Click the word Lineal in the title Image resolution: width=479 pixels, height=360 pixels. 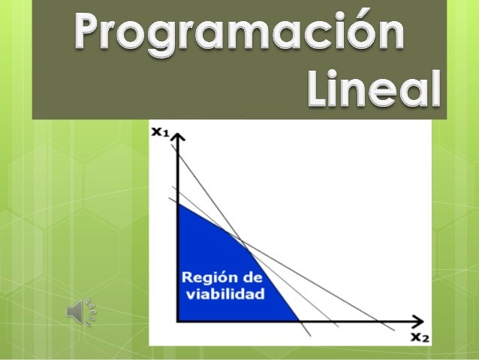click(373, 91)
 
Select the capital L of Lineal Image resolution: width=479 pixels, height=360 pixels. click(316, 91)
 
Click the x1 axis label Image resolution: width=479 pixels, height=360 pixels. click(160, 132)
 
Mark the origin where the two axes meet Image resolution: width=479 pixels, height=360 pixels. click(178, 322)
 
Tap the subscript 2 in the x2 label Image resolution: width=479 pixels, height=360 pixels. click(426, 339)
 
